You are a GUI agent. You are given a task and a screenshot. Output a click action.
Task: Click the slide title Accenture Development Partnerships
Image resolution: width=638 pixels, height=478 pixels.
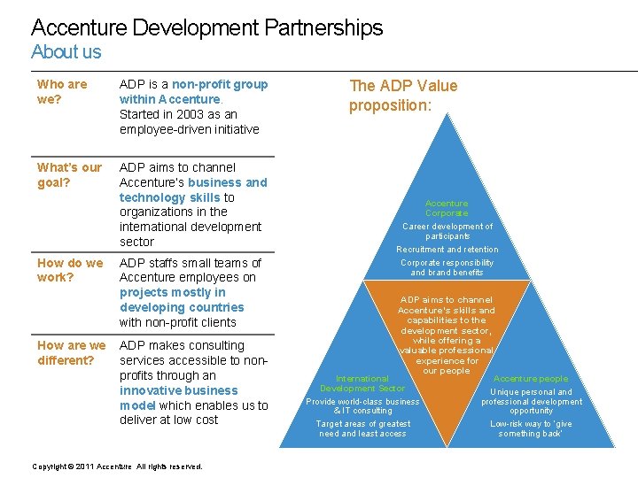[206, 27]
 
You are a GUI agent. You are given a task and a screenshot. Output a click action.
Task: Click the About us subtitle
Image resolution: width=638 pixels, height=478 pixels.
[66, 51]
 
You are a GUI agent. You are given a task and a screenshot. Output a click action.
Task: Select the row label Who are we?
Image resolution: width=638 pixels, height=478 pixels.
[62, 92]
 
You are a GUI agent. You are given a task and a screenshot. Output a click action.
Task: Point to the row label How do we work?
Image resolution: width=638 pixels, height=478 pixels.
[70, 270]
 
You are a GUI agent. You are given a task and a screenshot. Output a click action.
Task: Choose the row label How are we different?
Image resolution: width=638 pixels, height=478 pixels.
[71, 352]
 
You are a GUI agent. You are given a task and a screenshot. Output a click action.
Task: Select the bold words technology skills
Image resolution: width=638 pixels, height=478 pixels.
[169, 197]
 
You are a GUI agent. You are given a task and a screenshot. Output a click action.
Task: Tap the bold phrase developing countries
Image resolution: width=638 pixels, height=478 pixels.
[182, 307]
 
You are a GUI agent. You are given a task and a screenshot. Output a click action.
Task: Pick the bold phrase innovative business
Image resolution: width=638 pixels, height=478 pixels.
[179, 390]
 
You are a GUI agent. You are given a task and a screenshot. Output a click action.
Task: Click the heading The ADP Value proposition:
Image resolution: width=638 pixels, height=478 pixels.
[403, 96]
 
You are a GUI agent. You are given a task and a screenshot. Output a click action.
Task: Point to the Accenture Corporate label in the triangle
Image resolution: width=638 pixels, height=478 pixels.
[447, 208]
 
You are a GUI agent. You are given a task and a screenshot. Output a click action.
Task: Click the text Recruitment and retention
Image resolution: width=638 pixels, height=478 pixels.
[447, 250]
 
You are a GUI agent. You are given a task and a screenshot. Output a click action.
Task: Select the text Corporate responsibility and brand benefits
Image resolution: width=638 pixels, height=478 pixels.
[447, 267]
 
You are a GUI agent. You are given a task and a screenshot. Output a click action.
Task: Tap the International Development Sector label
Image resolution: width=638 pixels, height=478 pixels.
[362, 383]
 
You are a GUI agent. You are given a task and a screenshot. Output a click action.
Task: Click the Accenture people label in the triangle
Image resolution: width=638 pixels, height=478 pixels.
[531, 379]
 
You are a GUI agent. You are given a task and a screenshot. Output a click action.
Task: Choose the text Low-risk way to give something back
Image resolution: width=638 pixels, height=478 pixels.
[531, 428]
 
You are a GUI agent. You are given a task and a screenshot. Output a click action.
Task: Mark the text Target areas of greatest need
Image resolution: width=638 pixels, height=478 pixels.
[362, 428]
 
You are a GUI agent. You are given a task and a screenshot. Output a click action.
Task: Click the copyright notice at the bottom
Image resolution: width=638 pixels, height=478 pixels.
[117, 466]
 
